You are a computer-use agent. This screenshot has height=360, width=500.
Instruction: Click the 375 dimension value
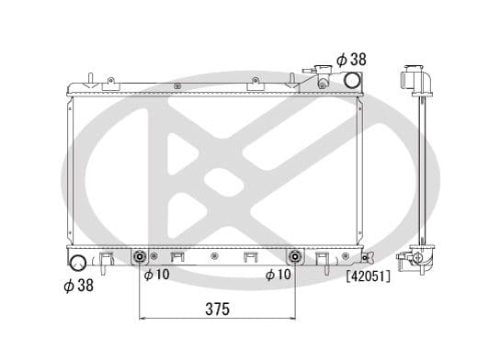coord(217,309)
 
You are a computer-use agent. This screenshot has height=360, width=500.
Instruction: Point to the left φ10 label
coord(155,274)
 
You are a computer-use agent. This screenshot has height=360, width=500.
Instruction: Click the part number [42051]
coord(368,276)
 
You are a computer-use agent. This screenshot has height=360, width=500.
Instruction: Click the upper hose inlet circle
coord(351,80)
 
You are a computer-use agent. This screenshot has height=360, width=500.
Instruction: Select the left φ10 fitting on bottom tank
coord(141,256)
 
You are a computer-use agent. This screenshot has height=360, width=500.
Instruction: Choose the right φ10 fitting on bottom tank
coord(296,256)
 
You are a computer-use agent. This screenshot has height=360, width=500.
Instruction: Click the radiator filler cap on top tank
coord(322,77)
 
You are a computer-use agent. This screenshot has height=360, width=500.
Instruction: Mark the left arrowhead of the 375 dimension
coord(143,319)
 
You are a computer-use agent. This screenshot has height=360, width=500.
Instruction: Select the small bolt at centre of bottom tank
coord(214,256)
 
